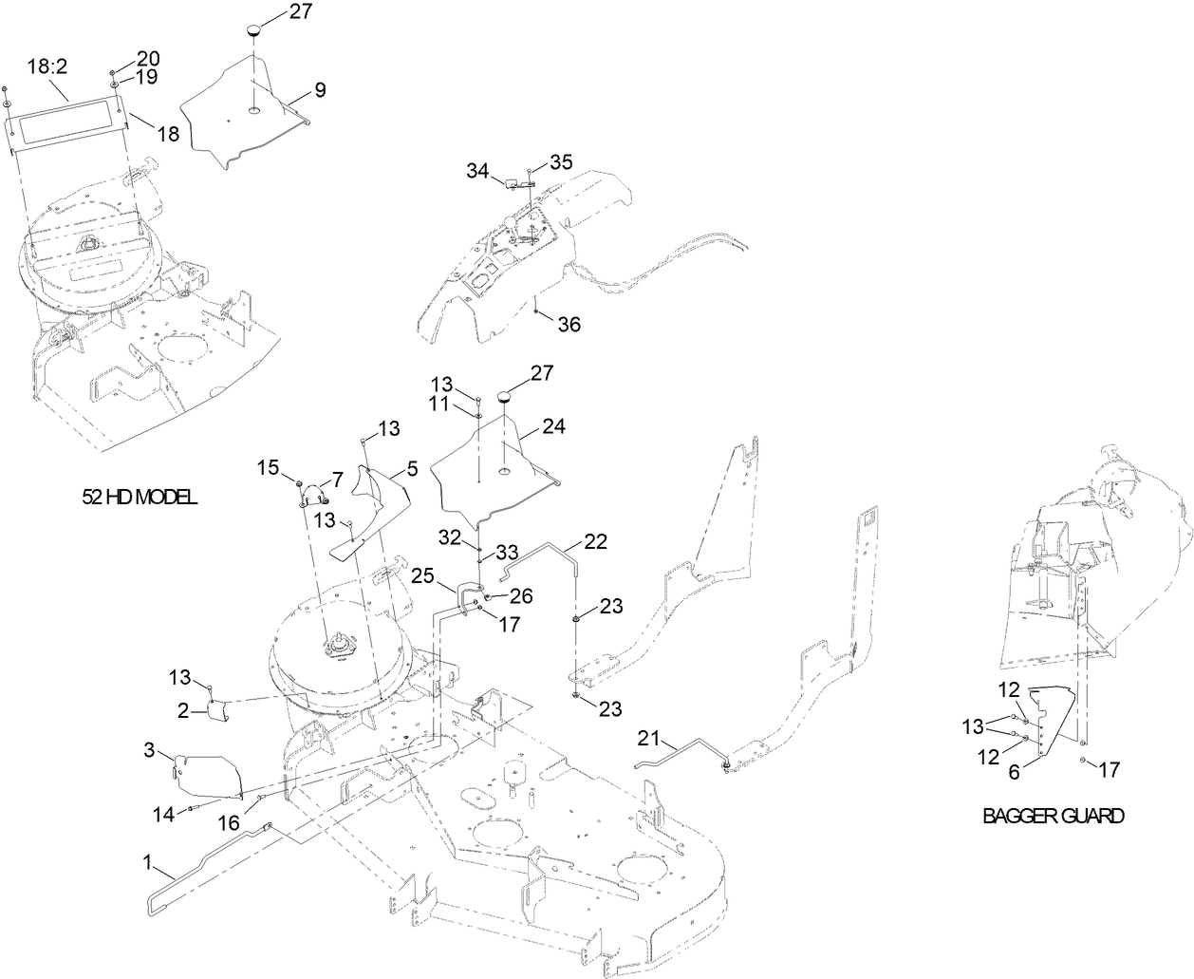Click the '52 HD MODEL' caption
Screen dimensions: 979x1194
(140, 497)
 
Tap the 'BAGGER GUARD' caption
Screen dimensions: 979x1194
(1053, 816)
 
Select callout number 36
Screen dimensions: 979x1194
(569, 324)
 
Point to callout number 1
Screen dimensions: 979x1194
(147, 863)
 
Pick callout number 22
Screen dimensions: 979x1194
(595, 541)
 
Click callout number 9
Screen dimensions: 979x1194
(320, 90)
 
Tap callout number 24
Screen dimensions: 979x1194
(553, 427)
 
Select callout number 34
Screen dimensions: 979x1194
(477, 171)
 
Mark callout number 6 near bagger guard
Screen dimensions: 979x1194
(1014, 773)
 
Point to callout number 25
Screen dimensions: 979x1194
(423, 575)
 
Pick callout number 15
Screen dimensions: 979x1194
(268, 467)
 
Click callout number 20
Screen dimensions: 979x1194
(149, 57)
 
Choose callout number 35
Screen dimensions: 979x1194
(561, 161)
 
